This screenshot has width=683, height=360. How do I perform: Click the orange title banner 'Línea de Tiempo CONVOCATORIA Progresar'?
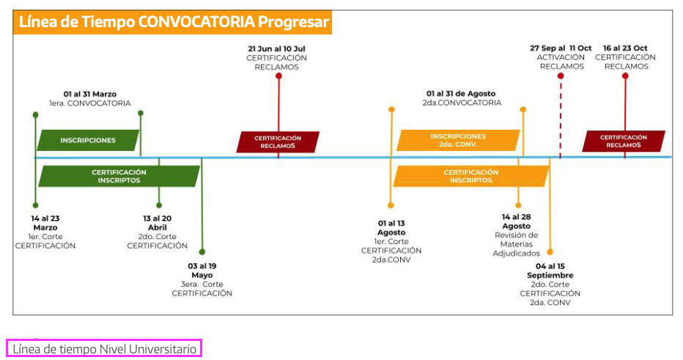click(x=172, y=22)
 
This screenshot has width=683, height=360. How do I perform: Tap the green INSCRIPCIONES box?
click(x=88, y=140)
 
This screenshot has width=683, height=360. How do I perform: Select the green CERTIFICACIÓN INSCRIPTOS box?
click(x=119, y=176)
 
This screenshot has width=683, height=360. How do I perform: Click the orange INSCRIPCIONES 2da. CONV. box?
click(x=458, y=140)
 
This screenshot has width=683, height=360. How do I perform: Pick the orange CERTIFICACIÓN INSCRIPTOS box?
click(x=471, y=176)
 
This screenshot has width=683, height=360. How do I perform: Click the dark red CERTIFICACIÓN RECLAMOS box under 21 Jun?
click(x=278, y=142)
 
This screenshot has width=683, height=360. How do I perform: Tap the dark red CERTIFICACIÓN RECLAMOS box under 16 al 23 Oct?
click(x=624, y=142)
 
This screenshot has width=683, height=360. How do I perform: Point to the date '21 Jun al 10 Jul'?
click(x=276, y=49)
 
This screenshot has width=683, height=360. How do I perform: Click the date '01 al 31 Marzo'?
click(x=90, y=94)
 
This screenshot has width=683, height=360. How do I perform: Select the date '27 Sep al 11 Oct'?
click(x=561, y=48)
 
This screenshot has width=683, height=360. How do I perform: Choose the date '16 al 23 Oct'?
click(x=625, y=48)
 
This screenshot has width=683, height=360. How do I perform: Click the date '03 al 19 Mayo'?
click(x=202, y=271)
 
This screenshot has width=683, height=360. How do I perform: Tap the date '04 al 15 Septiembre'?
click(x=550, y=271)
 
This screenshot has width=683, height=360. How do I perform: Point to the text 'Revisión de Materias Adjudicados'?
click(x=516, y=244)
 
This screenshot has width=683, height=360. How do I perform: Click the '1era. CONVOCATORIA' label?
click(x=89, y=103)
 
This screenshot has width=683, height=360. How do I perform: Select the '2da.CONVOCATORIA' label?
click(x=462, y=103)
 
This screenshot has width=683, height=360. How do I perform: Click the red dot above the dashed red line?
click(x=561, y=76)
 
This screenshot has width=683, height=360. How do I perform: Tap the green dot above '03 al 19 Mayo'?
click(x=202, y=252)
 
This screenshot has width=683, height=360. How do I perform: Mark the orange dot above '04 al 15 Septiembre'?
click(x=550, y=252)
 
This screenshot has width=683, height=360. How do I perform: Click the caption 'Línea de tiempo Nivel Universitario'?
click(x=105, y=349)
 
